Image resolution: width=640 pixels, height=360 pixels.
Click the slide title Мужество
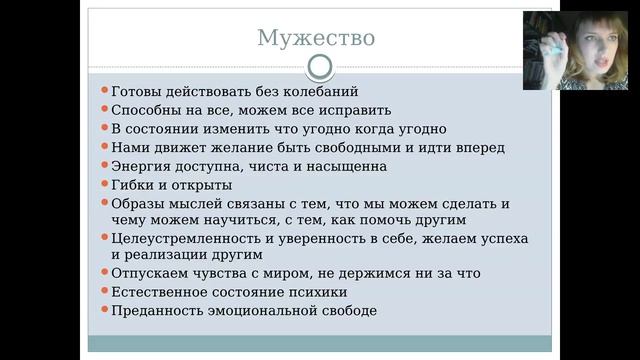pos(316,38)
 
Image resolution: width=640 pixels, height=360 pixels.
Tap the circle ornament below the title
pos(319,67)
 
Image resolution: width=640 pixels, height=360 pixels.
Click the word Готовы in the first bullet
pos(138,91)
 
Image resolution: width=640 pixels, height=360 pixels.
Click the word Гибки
pos(132,184)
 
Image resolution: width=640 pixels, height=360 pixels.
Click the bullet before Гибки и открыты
pos(105,184)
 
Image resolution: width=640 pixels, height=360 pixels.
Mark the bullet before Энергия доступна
pos(105,166)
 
